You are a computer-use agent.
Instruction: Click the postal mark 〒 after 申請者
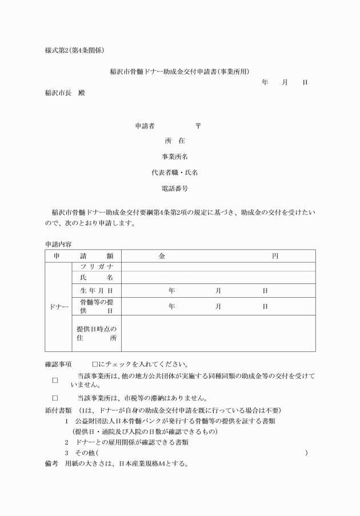click(x=198, y=126)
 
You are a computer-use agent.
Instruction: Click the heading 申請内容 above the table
click(x=58, y=244)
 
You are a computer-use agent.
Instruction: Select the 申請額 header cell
click(x=83, y=257)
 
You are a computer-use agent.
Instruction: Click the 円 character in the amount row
click(x=274, y=257)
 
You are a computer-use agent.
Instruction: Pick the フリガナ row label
click(x=96, y=267)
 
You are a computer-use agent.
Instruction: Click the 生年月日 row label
click(x=96, y=291)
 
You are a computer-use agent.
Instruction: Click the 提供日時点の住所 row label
click(x=96, y=333)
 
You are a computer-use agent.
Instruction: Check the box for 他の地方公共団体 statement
click(x=55, y=380)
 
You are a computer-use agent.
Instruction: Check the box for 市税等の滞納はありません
click(x=55, y=398)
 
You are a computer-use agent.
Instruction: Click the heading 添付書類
click(x=58, y=410)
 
